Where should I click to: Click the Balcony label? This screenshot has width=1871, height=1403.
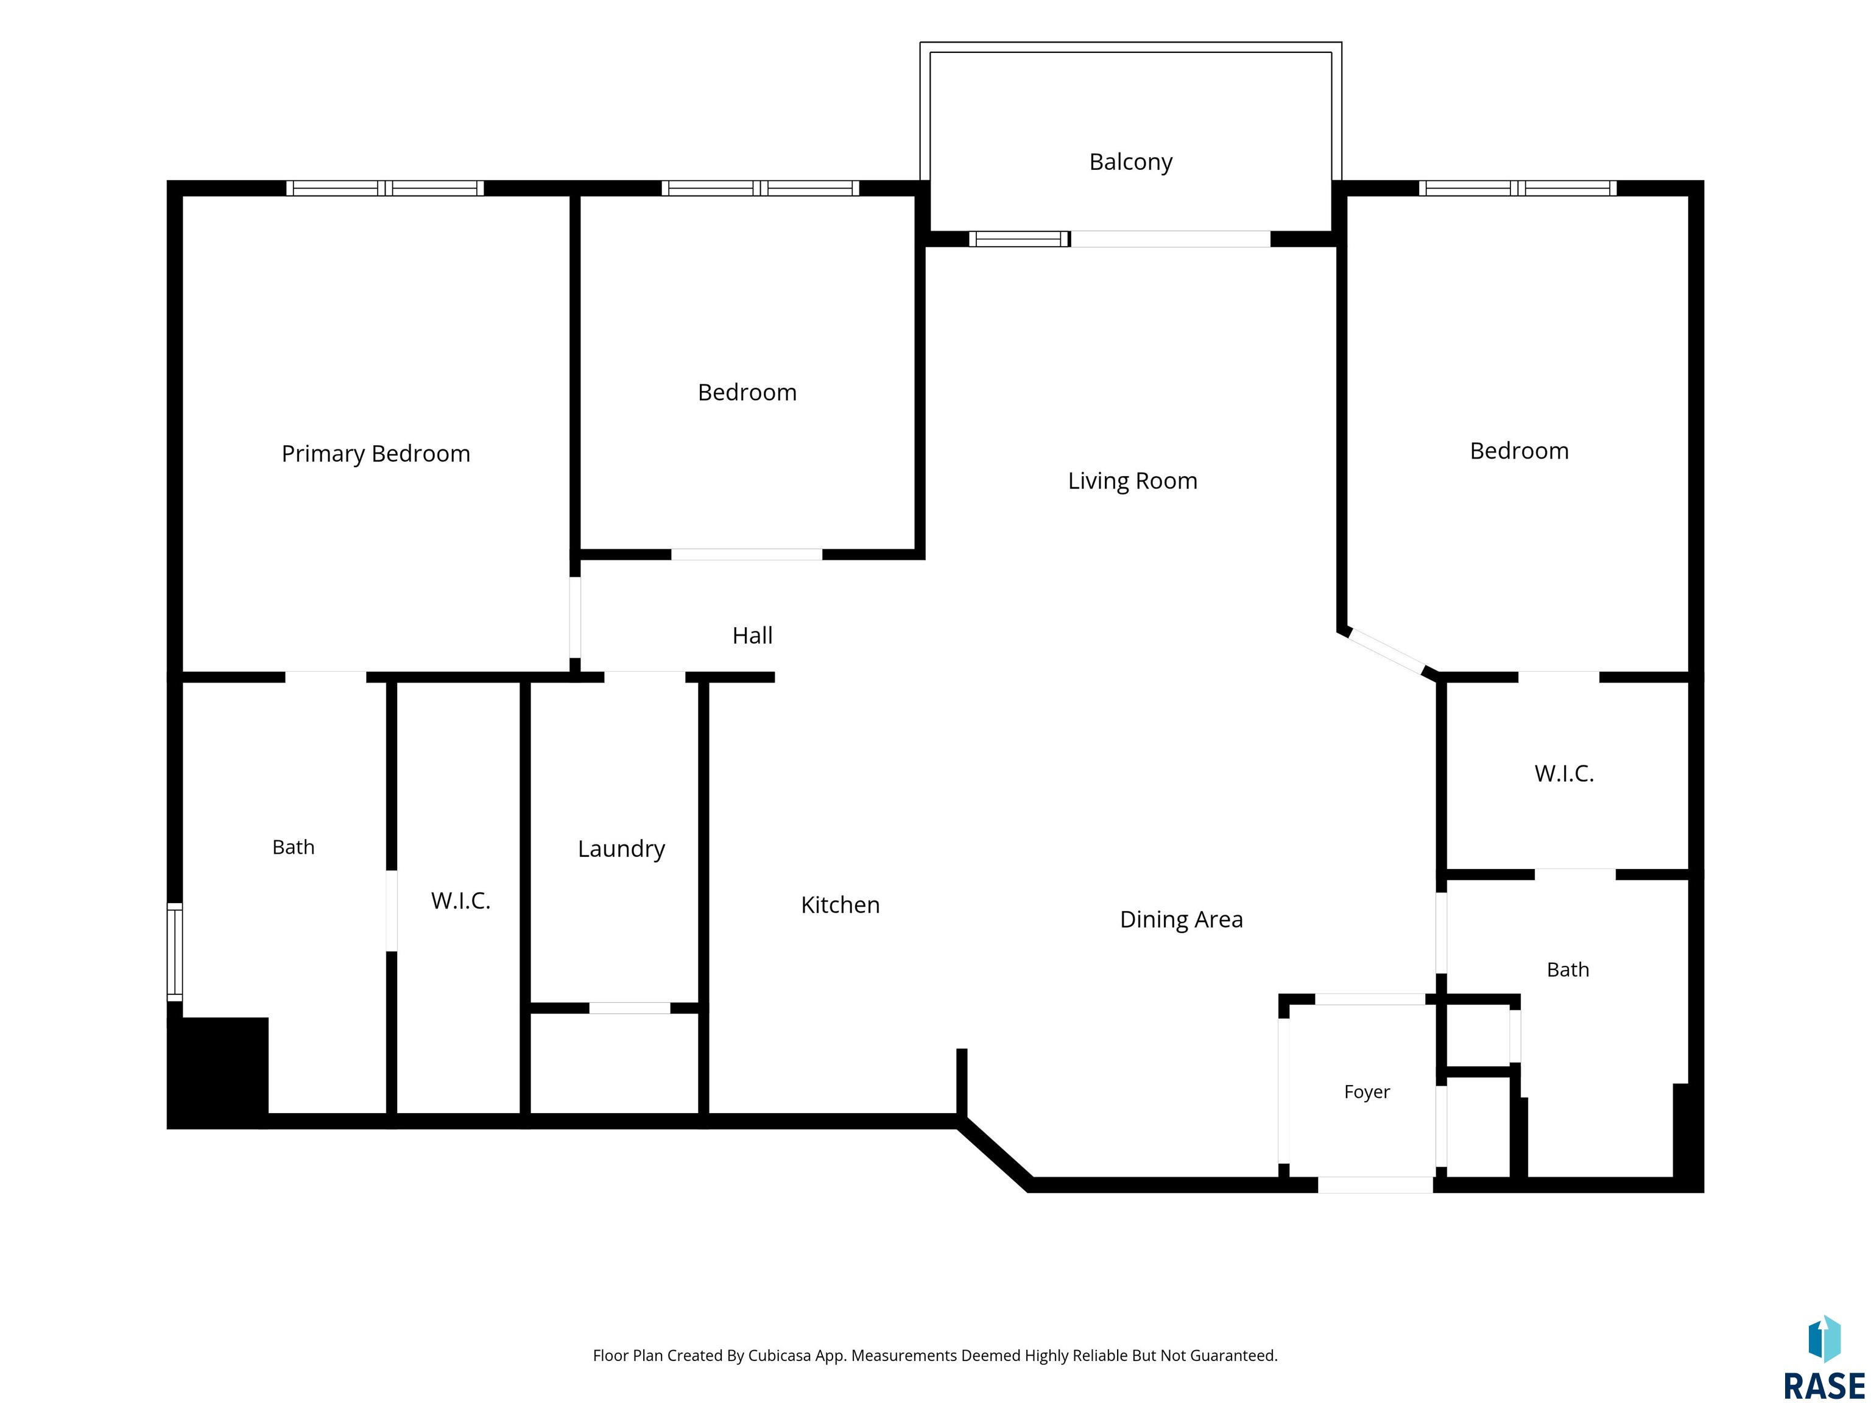[x=1131, y=161]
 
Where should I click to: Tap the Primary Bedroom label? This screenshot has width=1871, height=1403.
[x=376, y=454]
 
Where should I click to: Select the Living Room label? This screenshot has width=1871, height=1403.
[x=1133, y=481]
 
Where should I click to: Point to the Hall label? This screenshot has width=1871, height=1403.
[x=753, y=635]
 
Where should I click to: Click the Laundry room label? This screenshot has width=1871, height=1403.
[x=622, y=849]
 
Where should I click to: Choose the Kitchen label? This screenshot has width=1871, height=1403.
[x=840, y=905]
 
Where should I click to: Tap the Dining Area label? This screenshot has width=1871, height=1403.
[x=1182, y=920]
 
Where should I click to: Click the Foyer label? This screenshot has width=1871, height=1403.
[x=1367, y=1092]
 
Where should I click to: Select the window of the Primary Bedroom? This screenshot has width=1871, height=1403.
[x=385, y=188]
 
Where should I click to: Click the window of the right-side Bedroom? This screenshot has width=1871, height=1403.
[x=1517, y=188]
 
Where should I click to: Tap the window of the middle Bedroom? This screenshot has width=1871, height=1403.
[x=761, y=188]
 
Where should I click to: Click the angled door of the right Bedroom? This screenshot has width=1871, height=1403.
[x=1387, y=651]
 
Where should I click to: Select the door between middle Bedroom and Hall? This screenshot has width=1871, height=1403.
[x=747, y=555]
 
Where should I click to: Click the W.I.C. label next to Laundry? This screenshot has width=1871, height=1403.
[x=461, y=901]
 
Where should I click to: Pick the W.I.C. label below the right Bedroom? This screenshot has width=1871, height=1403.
[x=1564, y=774]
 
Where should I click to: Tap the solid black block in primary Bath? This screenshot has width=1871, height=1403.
[x=218, y=1072]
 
